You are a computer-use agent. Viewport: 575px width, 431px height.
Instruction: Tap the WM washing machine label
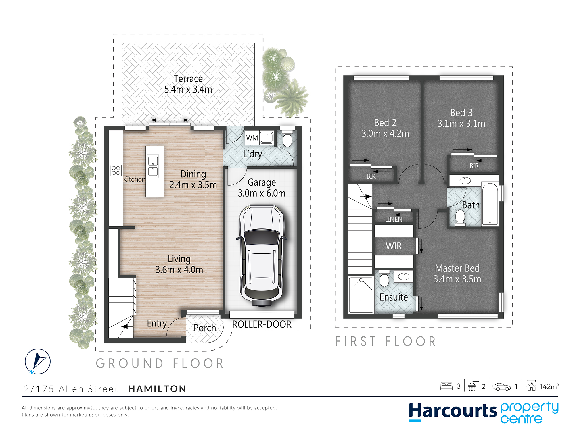(x=252, y=138)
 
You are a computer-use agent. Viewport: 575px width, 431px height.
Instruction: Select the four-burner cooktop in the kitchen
(x=116, y=170)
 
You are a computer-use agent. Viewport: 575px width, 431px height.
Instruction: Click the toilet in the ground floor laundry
(x=287, y=138)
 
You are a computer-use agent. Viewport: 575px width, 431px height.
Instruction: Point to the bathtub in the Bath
(x=490, y=204)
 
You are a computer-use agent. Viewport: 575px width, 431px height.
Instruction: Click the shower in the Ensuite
(x=361, y=295)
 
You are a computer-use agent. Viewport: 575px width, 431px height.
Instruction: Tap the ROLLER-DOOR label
(x=262, y=324)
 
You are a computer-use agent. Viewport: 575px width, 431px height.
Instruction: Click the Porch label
(x=205, y=328)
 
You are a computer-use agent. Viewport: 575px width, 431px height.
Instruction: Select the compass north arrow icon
(x=38, y=361)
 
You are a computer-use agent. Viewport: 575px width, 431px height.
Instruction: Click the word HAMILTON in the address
(x=157, y=389)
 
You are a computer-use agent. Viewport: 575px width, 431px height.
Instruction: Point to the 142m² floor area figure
(x=549, y=386)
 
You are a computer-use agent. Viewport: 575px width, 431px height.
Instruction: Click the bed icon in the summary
(x=446, y=386)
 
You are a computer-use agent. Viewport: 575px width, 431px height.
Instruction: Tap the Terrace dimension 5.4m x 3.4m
(x=188, y=89)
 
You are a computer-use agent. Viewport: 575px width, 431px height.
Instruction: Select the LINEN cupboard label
(x=394, y=219)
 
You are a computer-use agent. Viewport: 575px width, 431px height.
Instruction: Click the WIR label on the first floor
(x=394, y=246)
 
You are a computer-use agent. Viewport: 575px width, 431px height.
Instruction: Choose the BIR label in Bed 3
(x=474, y=166)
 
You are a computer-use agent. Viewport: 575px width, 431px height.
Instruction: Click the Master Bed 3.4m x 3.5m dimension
(x=457, y=279)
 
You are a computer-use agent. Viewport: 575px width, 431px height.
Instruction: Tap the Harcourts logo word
(x=453, y=411)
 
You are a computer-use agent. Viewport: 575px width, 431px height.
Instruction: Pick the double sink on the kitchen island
(x=153, y=166)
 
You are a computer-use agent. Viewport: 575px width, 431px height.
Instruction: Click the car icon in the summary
(x=502, y=387)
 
